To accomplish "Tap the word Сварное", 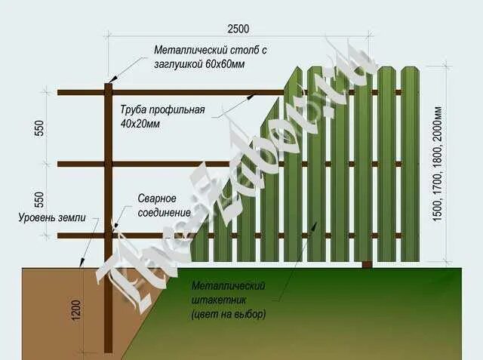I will (x=157, y=198).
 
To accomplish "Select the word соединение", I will (x=164, y=212).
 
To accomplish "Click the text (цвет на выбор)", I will (x=228, y=312).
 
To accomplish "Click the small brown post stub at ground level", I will (x=367, y=264).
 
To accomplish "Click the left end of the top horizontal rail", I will (x=60, y=93).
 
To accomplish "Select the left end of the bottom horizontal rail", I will (x=60, y=235).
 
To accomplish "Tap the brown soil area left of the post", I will (x=45, y=309).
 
